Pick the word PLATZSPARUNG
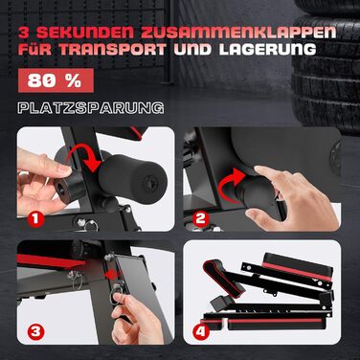click(x=91, y=107)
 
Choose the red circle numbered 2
click(x=202, y=218)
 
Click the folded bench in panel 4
click(x=273, y=287)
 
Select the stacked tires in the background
click(x=321, y=57)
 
